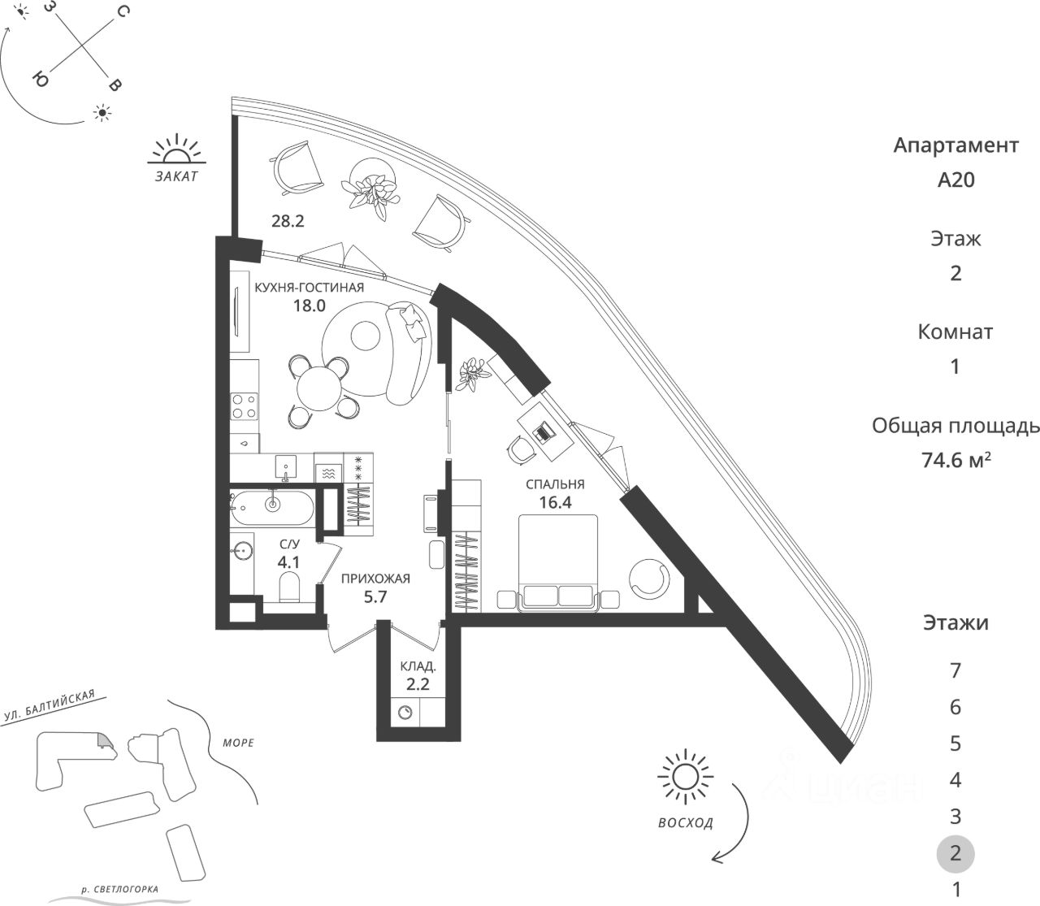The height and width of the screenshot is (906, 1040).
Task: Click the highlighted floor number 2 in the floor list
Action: (x=955, y=853)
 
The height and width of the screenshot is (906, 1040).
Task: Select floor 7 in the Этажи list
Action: (x=955, y=671)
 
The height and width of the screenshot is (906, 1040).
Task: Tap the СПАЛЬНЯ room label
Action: (x=555, y=484)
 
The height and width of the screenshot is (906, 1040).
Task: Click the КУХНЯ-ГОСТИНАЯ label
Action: (x=309, y=288)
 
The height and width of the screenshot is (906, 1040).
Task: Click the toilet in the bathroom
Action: (x=290, y=587)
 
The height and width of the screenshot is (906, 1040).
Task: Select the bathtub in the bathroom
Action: (x=271, y=506)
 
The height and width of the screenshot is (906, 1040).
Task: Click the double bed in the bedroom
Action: (x=558, y=561)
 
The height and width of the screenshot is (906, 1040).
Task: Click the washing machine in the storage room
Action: (x=406, y=713)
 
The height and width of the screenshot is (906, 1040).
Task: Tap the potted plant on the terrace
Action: (x=374, y=187)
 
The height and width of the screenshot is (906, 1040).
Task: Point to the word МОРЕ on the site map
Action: (x=237, y=743)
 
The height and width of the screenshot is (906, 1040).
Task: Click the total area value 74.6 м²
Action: (x=955, y=460)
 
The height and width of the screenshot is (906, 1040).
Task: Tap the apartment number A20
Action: (x=955, y=180)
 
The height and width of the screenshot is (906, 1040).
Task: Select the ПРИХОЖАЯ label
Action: (x=375, y=579)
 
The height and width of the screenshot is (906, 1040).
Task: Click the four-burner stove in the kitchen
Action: (x=245, y=405)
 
